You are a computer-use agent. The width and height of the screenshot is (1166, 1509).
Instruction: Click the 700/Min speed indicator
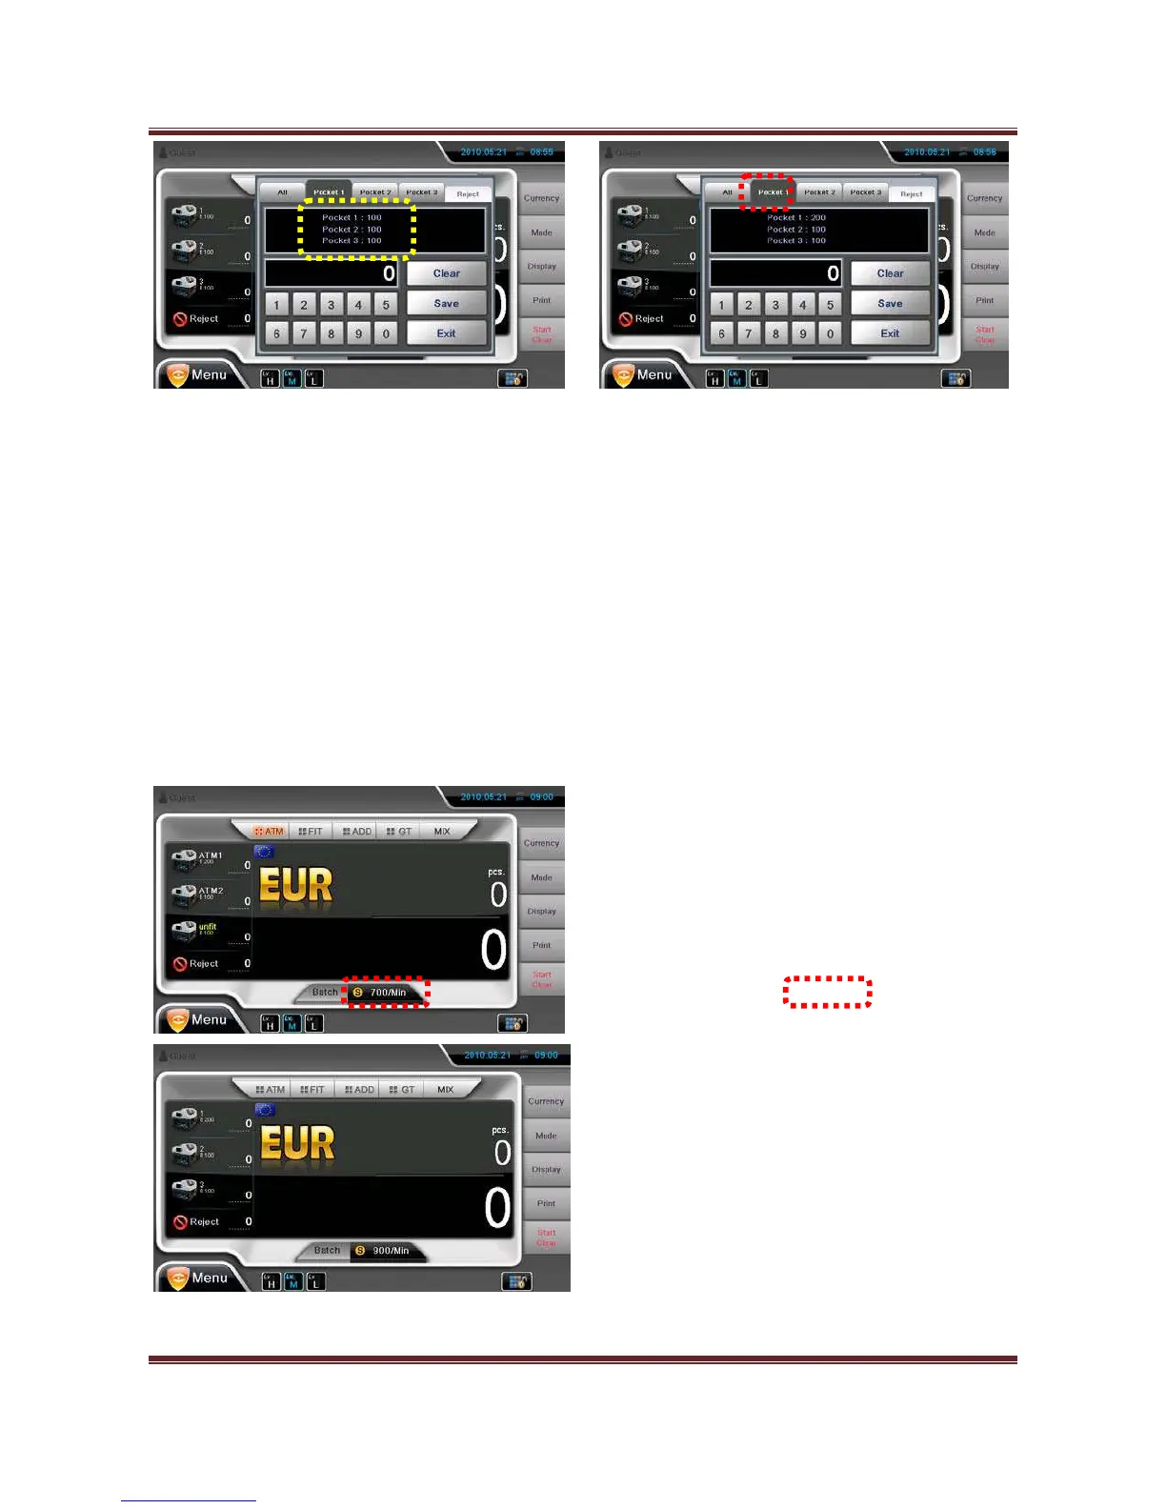click(387, 993)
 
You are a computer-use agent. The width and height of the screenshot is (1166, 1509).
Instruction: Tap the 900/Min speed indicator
click(390, 1251)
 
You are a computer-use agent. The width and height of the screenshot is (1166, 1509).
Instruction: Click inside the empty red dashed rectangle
click(827, 992)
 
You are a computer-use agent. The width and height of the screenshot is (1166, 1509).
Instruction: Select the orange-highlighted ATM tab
click(270, 832)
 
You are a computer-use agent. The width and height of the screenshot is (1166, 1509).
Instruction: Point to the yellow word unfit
click(208, 926)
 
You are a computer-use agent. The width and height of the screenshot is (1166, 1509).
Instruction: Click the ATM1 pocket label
click(210, 855)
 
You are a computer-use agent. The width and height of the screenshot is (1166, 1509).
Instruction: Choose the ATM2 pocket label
click(210, 891)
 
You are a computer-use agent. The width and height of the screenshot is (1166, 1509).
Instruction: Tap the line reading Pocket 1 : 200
click(796, 218)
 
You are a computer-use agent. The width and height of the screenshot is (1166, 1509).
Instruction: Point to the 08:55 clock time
click(541, 152)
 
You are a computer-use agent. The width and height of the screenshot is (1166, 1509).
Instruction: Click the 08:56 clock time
click(984, 152)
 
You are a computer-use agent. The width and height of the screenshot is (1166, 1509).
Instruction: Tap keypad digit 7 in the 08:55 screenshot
click(304, 334)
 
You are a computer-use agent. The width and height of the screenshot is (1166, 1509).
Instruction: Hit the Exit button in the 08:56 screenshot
click(890, 333)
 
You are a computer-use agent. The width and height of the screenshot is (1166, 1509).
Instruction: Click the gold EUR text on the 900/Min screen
click(297, 1143)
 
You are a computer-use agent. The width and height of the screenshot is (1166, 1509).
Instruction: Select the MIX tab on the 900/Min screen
click(445, 1090)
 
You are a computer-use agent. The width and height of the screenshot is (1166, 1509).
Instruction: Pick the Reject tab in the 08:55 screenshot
click(468, 194)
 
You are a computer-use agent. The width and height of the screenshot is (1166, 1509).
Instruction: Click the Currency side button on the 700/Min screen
click(541, 843)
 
